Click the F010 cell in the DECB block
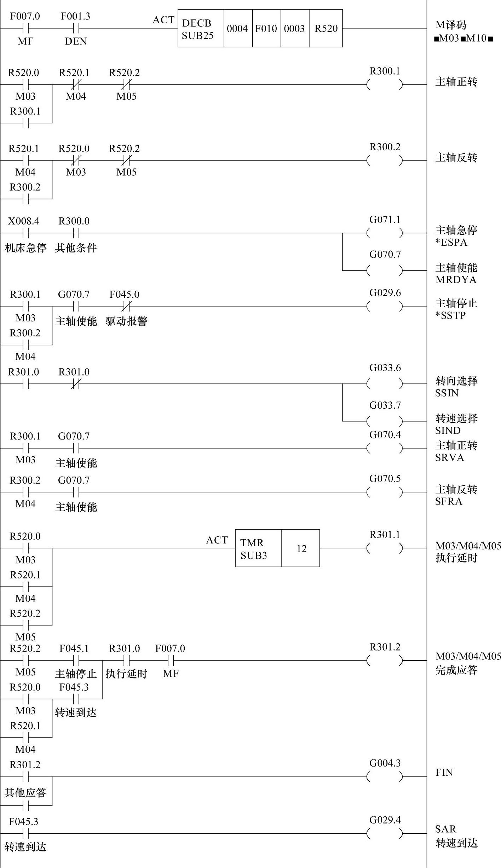point(266,29)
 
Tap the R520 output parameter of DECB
point(326,29)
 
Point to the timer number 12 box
point(301,548)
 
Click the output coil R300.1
point(385,85)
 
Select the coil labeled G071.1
point(385,233)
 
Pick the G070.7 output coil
point(385,270)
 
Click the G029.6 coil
point(385,306)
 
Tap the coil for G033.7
point(385,421)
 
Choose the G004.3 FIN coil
point(385,777)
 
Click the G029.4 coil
point(385,833)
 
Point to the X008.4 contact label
point(24,221)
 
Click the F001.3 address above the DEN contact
point(75,17)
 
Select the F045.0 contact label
point(124,295)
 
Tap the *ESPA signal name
point(451,243)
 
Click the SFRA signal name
point(449,501)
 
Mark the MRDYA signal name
point(456,280)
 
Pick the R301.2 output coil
point(385,660)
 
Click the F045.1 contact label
point(74,648)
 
